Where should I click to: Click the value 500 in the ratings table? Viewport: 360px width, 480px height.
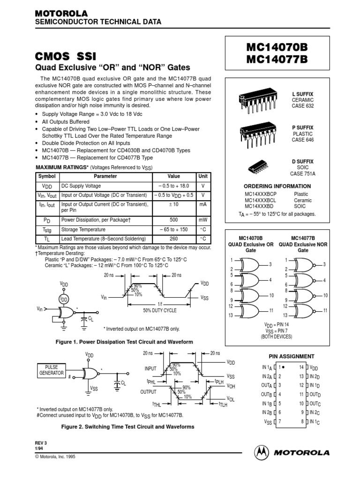[173, 219]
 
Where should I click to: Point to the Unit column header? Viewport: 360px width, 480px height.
[203, 176]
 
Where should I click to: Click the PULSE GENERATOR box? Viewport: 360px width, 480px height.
[51, 369]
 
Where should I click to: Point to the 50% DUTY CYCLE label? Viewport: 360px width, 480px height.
[160, 310]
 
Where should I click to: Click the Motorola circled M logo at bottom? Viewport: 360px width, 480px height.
[262, 453]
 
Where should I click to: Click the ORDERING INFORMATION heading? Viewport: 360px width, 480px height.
[277, 186]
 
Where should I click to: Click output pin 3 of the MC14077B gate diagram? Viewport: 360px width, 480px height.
[324, 265]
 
